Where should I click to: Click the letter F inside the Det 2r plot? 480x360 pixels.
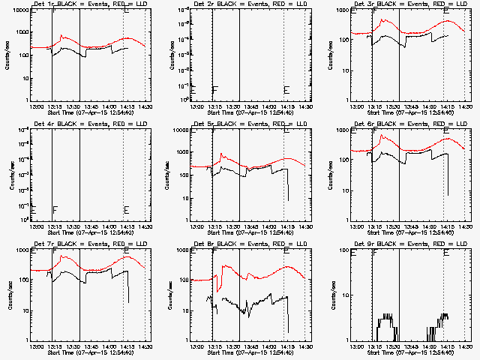pos(214,90)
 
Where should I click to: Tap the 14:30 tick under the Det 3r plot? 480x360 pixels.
pos(464,106)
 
